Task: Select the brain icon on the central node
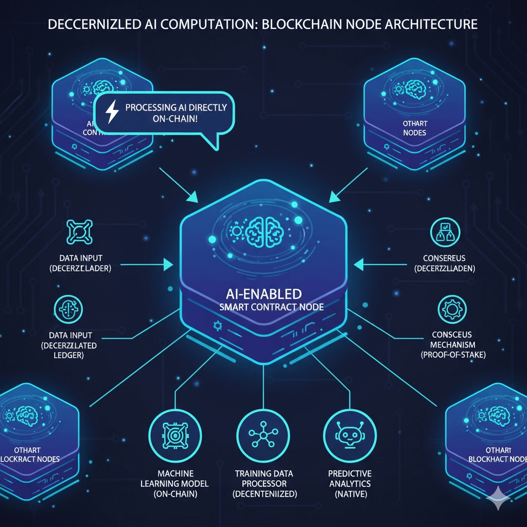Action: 263,230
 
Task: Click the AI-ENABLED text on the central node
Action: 263,294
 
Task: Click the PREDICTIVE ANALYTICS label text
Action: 349,479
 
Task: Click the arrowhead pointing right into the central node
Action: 168,265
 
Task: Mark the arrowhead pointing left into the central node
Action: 359,265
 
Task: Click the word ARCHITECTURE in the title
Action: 435,24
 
